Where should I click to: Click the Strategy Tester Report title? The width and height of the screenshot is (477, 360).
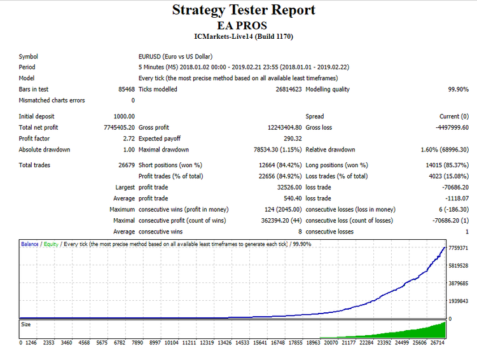244,10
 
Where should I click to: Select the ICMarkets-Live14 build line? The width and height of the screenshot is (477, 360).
244,36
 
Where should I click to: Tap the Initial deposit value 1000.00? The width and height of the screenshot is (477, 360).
124,116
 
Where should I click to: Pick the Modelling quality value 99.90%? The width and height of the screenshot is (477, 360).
458,89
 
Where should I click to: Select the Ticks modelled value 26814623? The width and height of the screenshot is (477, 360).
287,89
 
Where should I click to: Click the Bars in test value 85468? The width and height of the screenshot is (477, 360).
126,89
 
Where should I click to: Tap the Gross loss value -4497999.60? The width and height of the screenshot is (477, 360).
448,127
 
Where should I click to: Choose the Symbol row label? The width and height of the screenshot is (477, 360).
29,57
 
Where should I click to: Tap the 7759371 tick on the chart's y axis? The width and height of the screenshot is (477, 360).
458,248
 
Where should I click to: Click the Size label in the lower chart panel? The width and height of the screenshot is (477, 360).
26,324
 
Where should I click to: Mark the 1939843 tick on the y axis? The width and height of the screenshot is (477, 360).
458,301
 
